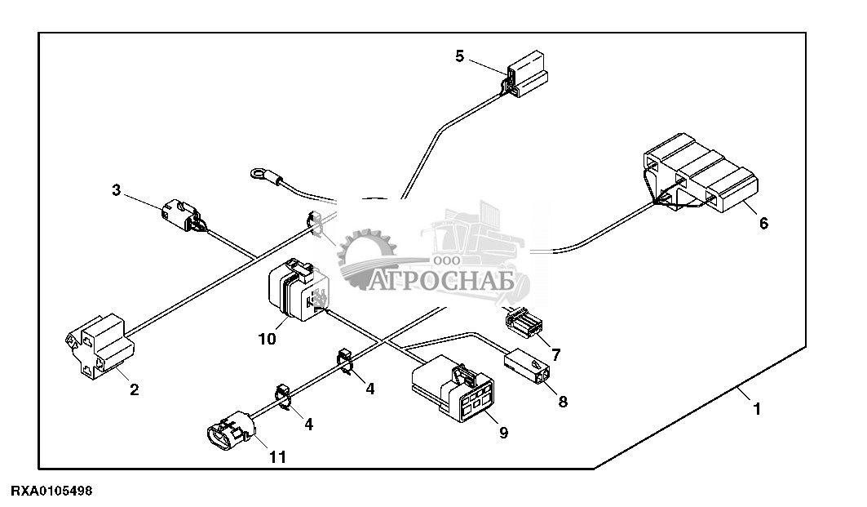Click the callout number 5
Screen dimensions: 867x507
point(460,56)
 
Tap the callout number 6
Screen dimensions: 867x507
point(763,224)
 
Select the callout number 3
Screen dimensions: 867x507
point(116,190)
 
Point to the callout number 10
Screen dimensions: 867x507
point(267,339)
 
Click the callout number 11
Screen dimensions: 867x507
point(277,457)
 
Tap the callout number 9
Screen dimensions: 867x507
point(503,432)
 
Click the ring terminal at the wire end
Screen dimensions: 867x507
point(259,176)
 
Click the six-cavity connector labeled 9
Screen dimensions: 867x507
point(453,388)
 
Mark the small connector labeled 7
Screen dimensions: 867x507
point(523,322)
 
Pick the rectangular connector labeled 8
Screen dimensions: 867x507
point(527,366)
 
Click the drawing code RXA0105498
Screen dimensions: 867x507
point(52,491)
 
